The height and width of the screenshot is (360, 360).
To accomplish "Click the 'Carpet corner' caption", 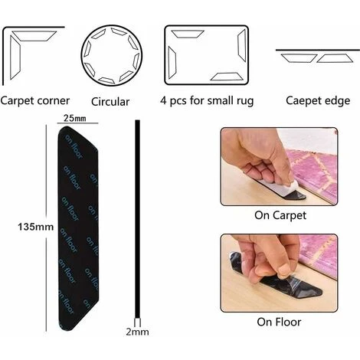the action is tap(35, 101).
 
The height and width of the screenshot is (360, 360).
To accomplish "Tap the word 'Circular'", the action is tap(110, 102).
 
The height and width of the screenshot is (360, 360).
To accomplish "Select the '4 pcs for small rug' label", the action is tap(207, 101).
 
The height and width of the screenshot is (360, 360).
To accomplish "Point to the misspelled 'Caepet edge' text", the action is tap(318, 100).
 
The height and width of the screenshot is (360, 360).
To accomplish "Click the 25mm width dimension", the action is tap(75, 118).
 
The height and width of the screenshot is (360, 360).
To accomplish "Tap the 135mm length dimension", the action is tap(36, 227).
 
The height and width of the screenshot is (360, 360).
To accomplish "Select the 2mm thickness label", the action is tap(137, 332).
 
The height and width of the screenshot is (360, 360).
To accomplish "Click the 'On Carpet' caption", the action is tap(280, 215).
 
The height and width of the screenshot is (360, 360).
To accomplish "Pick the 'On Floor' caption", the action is tap(279, 322).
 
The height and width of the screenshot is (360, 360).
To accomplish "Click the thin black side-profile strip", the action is tap(138, 220).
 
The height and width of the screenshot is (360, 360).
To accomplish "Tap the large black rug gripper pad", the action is tap(78, 228).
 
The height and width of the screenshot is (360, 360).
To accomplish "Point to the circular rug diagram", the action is tap(112, 56).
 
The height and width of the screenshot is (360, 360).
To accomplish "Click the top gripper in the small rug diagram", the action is tap(188, 34).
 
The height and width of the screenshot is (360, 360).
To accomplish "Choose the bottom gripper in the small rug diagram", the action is tap(226, 77).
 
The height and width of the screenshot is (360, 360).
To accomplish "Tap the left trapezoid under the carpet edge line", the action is tap(299, 58).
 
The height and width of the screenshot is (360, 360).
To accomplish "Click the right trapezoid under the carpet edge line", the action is tap(335, 58).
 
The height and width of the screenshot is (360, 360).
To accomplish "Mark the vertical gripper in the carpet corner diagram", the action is tap(15, 57).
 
